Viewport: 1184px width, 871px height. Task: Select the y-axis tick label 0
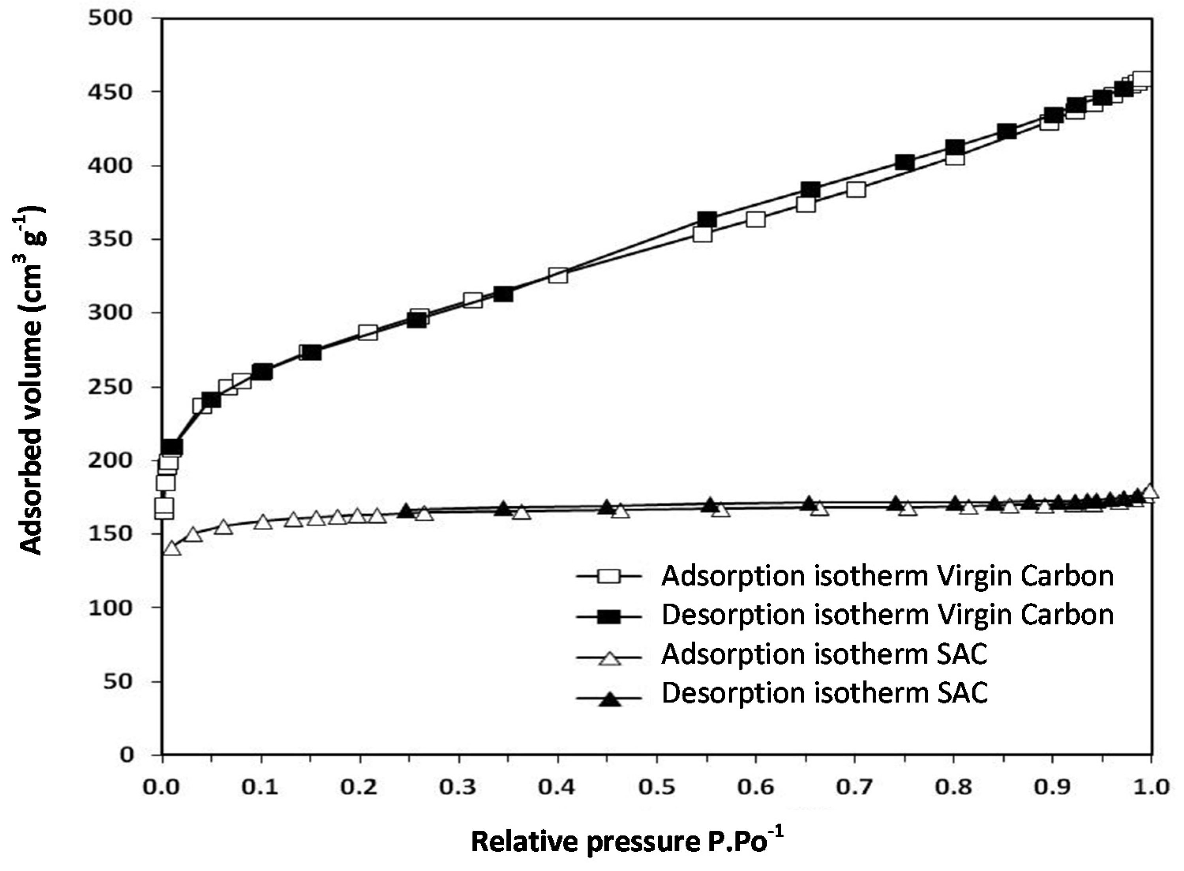point(126,754)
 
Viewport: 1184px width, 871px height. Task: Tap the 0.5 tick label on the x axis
point(656,787)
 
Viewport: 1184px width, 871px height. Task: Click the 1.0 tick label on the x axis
point(1151,787)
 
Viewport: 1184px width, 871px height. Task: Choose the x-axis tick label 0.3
point(458,787)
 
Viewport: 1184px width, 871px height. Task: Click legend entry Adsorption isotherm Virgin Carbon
point(888,576)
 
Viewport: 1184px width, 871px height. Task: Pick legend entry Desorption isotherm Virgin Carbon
point(888,615)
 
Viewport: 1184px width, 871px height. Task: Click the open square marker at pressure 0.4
point(558,275)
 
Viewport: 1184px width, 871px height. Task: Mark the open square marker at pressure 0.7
point(856,189)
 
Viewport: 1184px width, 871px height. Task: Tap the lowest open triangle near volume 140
point(172,548)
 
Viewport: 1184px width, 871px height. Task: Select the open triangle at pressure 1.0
point(1151,491)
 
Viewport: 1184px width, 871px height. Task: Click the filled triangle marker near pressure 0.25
point(406,510)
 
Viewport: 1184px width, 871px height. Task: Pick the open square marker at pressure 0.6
point(756,219)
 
